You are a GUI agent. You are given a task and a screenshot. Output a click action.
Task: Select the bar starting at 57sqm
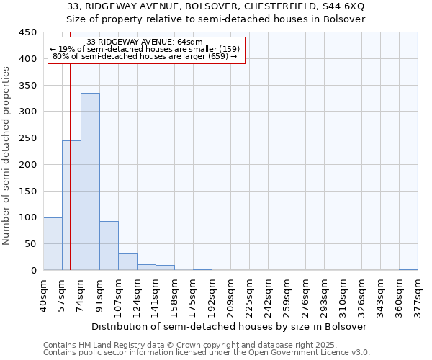71,205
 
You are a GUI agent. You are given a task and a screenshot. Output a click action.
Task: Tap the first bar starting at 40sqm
53,243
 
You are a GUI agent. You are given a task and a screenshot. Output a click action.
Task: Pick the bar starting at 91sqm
109,246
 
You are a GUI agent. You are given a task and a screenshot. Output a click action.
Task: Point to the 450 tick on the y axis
28,32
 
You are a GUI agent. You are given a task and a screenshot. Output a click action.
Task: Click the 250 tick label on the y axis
28,138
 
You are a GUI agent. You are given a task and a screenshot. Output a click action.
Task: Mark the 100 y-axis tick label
28,217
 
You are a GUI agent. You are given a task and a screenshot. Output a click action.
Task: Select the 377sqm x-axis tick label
418,295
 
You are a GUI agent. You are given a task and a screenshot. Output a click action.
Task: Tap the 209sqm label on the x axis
231,295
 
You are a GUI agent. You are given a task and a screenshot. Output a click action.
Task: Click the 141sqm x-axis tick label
156,295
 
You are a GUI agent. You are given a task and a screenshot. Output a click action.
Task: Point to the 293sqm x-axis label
325,295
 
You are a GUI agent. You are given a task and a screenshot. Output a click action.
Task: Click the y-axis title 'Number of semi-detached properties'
7,156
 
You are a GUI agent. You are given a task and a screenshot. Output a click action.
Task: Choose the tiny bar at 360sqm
408,269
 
